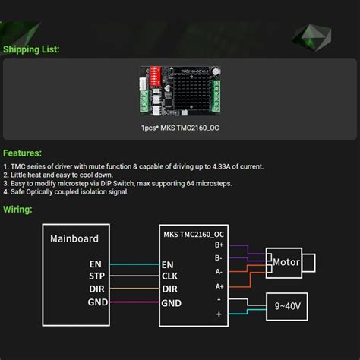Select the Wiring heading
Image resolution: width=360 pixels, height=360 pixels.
17,209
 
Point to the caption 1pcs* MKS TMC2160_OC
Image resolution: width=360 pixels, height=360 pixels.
180,128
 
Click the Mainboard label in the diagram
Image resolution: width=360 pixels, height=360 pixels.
74,238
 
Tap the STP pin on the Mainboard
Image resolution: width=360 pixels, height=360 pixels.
96,276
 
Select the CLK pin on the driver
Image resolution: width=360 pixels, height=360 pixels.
169,276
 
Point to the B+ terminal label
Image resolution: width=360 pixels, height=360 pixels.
219,245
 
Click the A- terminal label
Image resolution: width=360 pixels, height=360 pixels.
219,271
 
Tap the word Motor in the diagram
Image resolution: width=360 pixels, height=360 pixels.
287,262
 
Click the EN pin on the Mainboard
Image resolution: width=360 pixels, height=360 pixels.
96,264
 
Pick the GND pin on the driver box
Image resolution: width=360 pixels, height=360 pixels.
171,302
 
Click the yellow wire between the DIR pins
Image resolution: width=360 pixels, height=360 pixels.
132,289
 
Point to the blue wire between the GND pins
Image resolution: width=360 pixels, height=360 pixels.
132,302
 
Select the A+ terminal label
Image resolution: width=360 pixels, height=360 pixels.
219,286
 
